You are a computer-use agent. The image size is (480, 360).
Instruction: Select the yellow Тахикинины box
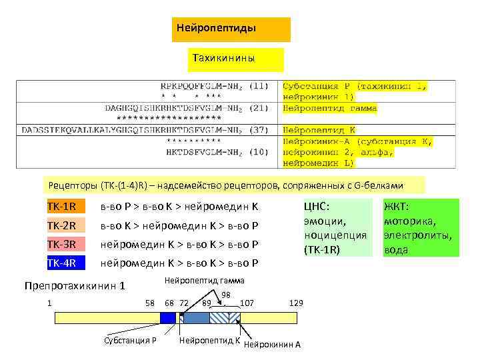click(x=234, y=59)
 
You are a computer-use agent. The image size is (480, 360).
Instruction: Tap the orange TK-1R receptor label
click(x=66, y=206)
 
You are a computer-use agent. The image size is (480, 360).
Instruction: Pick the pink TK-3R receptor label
click(x=66, y=244)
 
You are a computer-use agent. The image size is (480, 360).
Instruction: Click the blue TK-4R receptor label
click(x=66, y=263)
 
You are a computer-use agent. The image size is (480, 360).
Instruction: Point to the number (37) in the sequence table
click(x=259, y=130)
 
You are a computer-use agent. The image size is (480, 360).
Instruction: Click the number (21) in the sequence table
click(x=259, y=108)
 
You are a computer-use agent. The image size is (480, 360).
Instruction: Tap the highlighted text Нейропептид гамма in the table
click(x=330, y=108)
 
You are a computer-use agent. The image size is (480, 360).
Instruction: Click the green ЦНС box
click(x=337, y=227)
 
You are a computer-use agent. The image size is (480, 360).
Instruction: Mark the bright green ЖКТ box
click(x=420, y=227)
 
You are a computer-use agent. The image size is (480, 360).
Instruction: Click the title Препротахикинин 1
click(x=75, y=287)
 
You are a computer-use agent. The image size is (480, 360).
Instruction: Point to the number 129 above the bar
click(x=296, y=303)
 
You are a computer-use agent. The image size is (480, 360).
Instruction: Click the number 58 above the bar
click(x=151, y=303)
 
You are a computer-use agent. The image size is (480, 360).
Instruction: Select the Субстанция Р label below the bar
click(x=130, y=341)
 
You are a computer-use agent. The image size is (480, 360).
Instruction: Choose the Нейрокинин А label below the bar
click(x=273, y=344)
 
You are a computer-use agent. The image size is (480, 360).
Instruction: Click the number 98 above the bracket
click(x=225, y=295)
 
